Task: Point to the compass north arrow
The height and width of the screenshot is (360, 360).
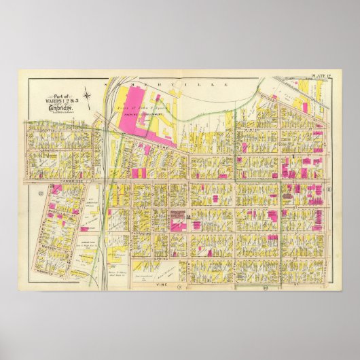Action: point(88,97)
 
